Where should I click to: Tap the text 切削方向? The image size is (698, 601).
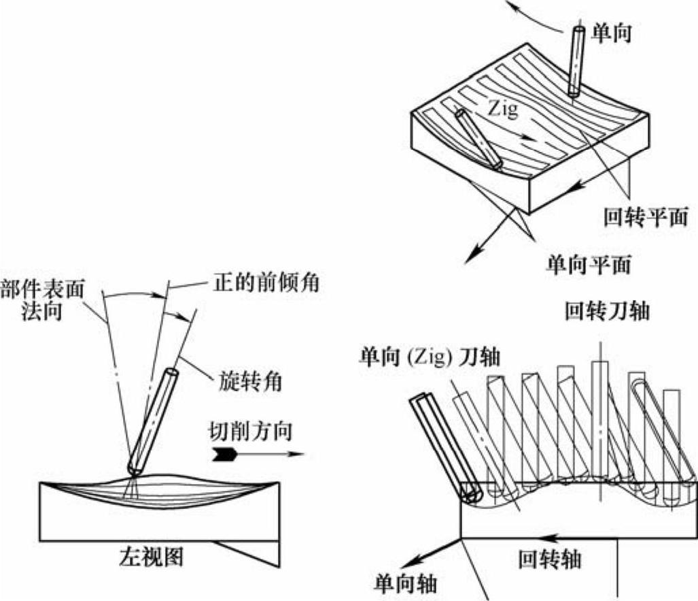(x=247, y=432)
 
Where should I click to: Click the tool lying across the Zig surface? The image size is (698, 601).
(x=480, y=138)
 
